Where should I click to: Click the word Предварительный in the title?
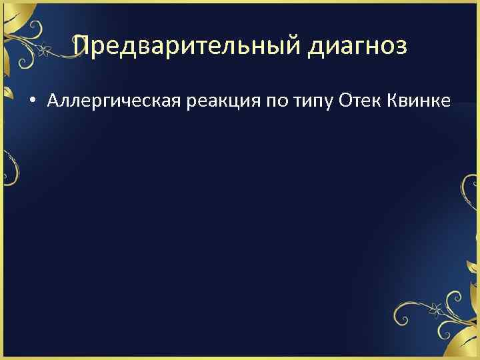coord(182,46)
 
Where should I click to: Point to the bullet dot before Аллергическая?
coord(31,101)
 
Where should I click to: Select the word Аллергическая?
coord(108,101)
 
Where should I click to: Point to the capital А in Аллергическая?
coord(53,101)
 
